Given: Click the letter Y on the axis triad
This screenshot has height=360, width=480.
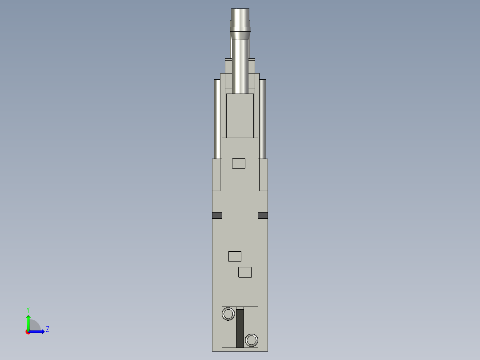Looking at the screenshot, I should [28, 309].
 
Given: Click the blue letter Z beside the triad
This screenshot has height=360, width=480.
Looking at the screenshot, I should [47, 329].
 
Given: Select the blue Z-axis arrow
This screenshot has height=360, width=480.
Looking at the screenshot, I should [37, 331].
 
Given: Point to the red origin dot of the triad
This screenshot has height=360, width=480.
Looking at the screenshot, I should [28, 332].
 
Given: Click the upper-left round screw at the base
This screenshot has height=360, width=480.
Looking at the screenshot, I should [228, 314].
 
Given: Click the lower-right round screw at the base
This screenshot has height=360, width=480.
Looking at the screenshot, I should [252, 340].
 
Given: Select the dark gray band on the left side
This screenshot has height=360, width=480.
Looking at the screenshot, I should [216, 216].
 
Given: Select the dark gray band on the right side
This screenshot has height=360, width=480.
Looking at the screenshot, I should [263, 216].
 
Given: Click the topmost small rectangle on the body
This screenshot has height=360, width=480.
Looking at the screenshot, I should [239, 164].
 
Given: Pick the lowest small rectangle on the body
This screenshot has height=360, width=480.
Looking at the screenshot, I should [245, 272].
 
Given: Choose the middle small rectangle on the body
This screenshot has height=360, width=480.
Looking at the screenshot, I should [235, 256].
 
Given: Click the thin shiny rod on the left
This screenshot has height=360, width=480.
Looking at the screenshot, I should [217, 119].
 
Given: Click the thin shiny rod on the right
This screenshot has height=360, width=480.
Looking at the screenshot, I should [263, 119].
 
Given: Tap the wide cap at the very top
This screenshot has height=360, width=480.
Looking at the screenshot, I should [241, 18].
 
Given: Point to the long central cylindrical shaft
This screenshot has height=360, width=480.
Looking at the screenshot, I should [240, 67].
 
